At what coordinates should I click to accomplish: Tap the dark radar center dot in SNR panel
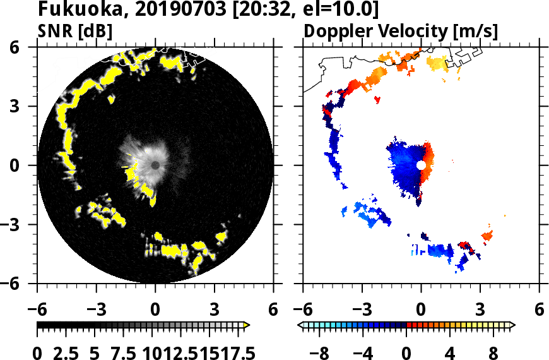pyautogui.click(x=155, y=165)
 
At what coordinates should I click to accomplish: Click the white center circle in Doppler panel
pyautogui.click(x=421, y=165)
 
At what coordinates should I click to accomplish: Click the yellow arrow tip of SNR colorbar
pyautogui.click(x=247, y=325)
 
